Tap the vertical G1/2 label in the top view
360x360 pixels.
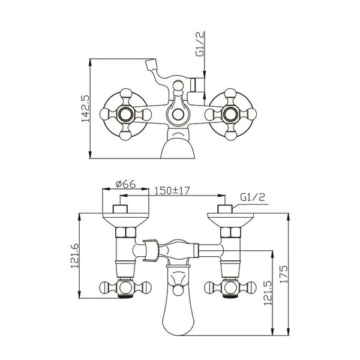(200, 44)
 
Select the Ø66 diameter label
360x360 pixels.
(126, 184)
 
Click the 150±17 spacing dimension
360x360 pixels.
(172, 191)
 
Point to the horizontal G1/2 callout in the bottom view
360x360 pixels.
(253, 197)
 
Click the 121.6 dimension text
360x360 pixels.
(75, 256)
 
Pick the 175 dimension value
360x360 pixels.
(283, 274)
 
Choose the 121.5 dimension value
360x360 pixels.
(268, 293)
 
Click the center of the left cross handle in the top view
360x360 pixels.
(125, 114)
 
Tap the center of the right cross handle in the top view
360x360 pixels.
(230, 114)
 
